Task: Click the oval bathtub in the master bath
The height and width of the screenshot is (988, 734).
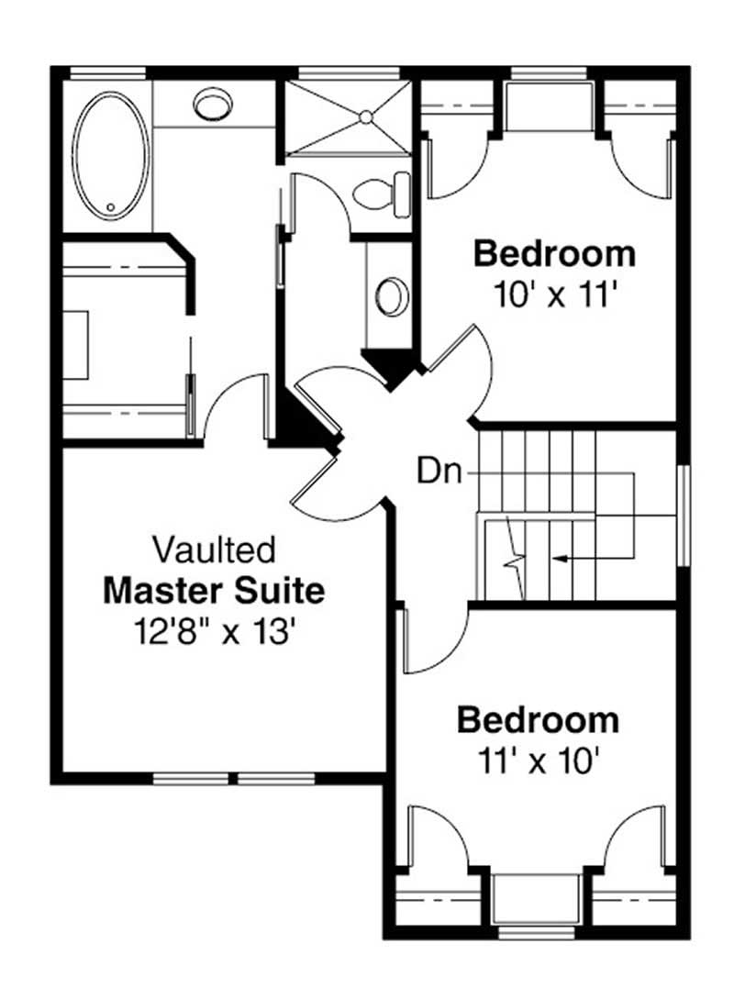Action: (x=110, y=156)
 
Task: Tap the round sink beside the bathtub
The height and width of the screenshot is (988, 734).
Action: (x=213, y=103)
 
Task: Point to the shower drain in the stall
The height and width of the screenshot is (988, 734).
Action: (x=365, y=117)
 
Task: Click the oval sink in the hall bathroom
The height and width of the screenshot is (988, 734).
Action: (x=393, y=295)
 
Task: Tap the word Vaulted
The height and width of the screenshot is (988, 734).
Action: (x=214, y=550)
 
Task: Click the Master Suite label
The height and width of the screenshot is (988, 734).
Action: (x=214, y=591)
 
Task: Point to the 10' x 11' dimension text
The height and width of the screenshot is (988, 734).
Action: (x=554, y=294)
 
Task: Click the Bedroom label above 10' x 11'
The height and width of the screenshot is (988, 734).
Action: (x=554, y=252)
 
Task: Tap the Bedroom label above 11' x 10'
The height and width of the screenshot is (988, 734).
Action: (x=538, y=719)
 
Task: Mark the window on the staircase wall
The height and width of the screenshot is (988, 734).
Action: (x=682, y=515)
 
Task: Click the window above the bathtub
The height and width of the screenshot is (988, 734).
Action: (x=108, y=72)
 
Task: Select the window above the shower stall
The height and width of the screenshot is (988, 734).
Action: (x=350, y=72)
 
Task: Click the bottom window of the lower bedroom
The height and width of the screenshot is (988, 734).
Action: (x=537, y=932)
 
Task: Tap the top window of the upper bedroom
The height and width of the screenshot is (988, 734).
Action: (x=548, y=72)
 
